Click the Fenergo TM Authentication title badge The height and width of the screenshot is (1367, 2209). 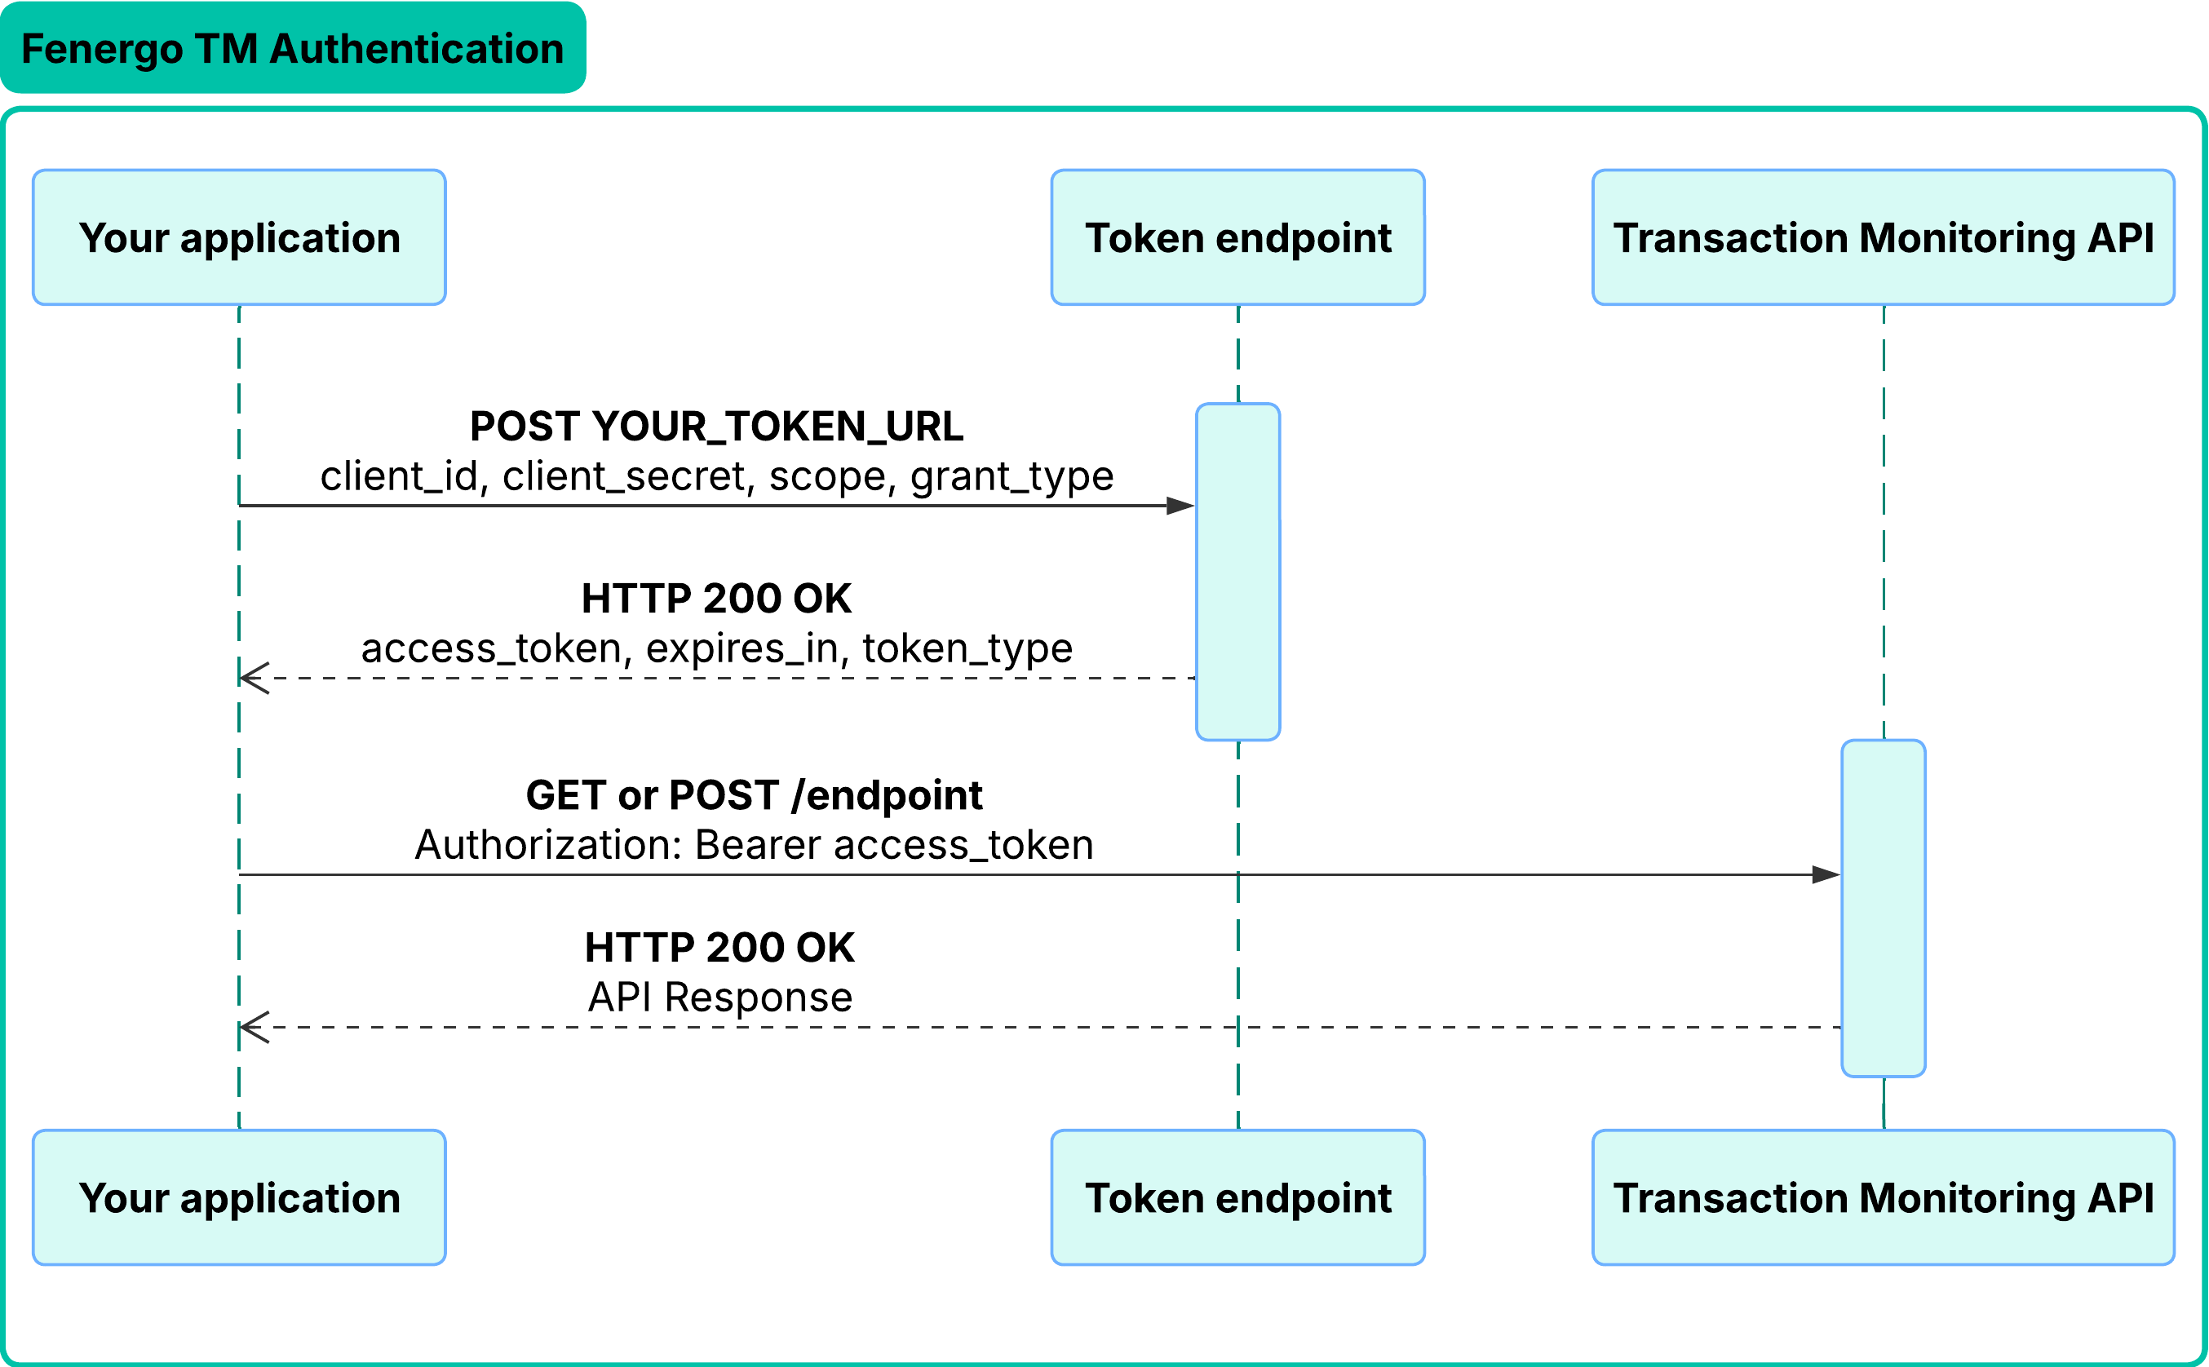292,48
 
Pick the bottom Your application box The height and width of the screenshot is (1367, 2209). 239,1197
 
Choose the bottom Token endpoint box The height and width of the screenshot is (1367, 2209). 1237,1197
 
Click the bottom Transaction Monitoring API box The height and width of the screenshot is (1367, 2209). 1883,1197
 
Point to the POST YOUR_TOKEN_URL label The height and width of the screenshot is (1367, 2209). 716,426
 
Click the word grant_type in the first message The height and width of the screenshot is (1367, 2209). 1011,476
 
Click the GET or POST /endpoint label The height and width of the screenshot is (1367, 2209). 753,794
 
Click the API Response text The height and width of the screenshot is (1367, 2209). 719,998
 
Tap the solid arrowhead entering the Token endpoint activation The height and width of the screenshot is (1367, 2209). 1180,506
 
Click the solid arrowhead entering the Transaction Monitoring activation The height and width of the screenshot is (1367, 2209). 1826,874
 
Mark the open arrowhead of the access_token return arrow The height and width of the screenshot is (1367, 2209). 253,678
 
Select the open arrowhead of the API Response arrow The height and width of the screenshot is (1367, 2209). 253,1027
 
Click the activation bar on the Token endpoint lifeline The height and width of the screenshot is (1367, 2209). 1237,572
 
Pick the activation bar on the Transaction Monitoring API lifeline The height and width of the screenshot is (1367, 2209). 1883,908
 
